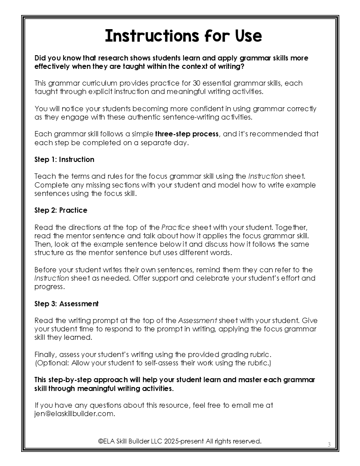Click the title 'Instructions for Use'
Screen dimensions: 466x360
[183, 36]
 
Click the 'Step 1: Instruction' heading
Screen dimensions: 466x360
[64, 159]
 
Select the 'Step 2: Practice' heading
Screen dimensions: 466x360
[61, 210]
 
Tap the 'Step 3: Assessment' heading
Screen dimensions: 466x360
[67, 304]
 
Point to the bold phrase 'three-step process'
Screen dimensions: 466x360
[187, 134]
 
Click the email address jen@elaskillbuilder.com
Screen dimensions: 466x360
[75, 413]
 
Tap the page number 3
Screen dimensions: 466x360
[329, 444]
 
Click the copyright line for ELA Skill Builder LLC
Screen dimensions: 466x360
[180, 441]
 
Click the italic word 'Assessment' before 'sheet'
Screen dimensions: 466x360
[197, 320]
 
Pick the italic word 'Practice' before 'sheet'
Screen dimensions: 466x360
[175, 227]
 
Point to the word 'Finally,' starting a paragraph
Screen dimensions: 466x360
[45, 354]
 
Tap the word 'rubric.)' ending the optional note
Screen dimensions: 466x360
[259, 363]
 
